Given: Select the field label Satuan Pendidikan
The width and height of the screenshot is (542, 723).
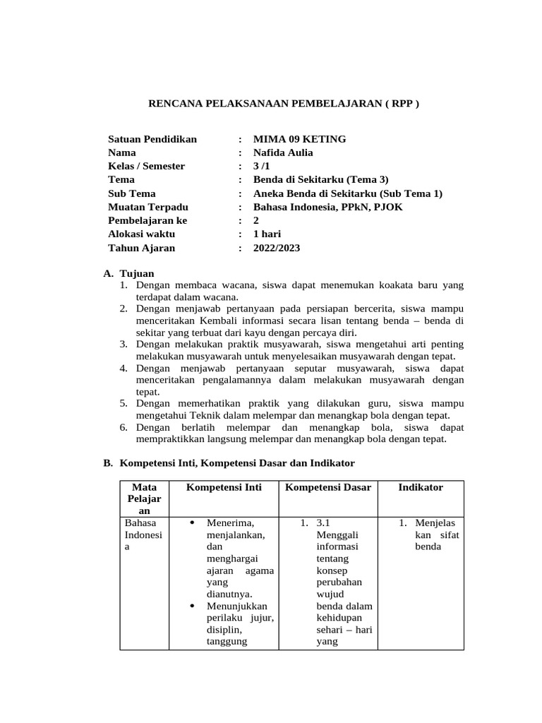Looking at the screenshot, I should coord(152,139).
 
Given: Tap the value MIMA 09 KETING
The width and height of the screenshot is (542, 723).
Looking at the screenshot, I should coord(299,139).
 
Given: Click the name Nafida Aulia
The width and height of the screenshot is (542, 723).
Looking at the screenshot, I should coord(282,153).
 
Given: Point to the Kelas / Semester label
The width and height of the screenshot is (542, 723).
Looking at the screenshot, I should coord(146,166).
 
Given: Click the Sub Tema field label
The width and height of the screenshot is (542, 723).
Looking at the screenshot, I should coord(131,193).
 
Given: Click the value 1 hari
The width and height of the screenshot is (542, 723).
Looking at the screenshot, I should coord(267,234).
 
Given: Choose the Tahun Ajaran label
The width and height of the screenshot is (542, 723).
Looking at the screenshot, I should coord(141,248).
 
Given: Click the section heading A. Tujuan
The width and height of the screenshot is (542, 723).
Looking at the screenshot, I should coord(128,273).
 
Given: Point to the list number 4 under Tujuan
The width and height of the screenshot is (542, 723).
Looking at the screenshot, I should coord(123,368).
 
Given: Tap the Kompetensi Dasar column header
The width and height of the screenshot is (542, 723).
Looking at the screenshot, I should coord(328,487).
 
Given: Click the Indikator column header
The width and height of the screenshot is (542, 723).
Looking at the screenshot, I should coord(420,487).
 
